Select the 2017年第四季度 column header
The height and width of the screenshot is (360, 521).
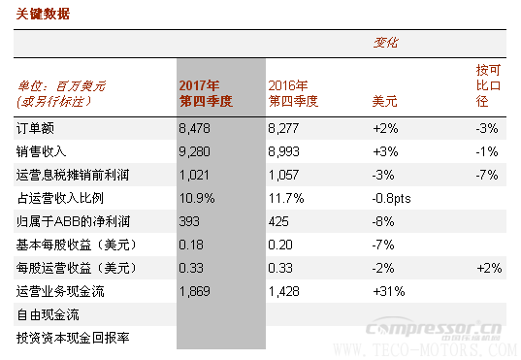tap(204, 92)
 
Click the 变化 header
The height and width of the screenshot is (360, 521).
tap(386, 43)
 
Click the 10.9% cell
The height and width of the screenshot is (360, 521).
tap(197, 198)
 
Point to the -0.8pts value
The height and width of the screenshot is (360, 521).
tap(393, 198)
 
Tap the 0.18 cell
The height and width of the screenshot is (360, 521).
tap(192, 245)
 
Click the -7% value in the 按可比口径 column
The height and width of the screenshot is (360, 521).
tap(487, 175)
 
